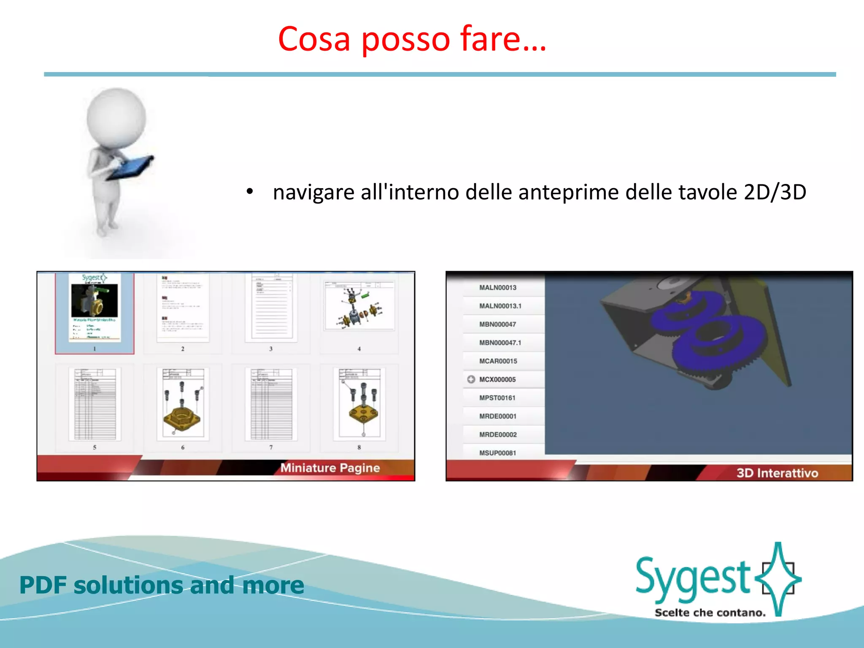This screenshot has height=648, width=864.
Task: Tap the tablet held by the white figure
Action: pyautogui.click(x=131, y=167)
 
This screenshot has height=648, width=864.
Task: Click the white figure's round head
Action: pyautogui.click(x=116, y=117)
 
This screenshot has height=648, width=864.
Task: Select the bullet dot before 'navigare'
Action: pyautogui.click(x=250, y=192)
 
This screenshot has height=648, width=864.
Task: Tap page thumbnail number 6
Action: pyautogui.click(x=183, y=404)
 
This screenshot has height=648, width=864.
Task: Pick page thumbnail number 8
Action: pyautogui.click(x=359, y=404)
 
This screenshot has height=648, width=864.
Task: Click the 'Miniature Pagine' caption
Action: pyautogui.click(x=330, y=467)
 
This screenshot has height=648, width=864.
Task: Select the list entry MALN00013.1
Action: pyautogui.click(x=500, y=306)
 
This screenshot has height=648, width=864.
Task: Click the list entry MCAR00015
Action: pyautogui.click(x=498, y=361)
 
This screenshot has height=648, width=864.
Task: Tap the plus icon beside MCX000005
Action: pyautogui.click(x=471, y=379)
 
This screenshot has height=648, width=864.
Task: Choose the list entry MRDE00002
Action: pyautogui.click(x=498, y=435)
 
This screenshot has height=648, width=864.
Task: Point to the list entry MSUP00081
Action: pyautogui.click(x=497, y=453)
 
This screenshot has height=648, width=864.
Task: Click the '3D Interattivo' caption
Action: pyautogui.click(x=777, y=472)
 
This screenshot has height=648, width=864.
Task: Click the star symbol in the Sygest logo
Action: pyautogui.click(x=778, y=578)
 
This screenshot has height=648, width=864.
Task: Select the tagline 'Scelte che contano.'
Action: pyautogui.click(x=710, y=613)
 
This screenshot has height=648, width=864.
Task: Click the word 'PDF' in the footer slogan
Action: pyautogui.click(x=43, y=585)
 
